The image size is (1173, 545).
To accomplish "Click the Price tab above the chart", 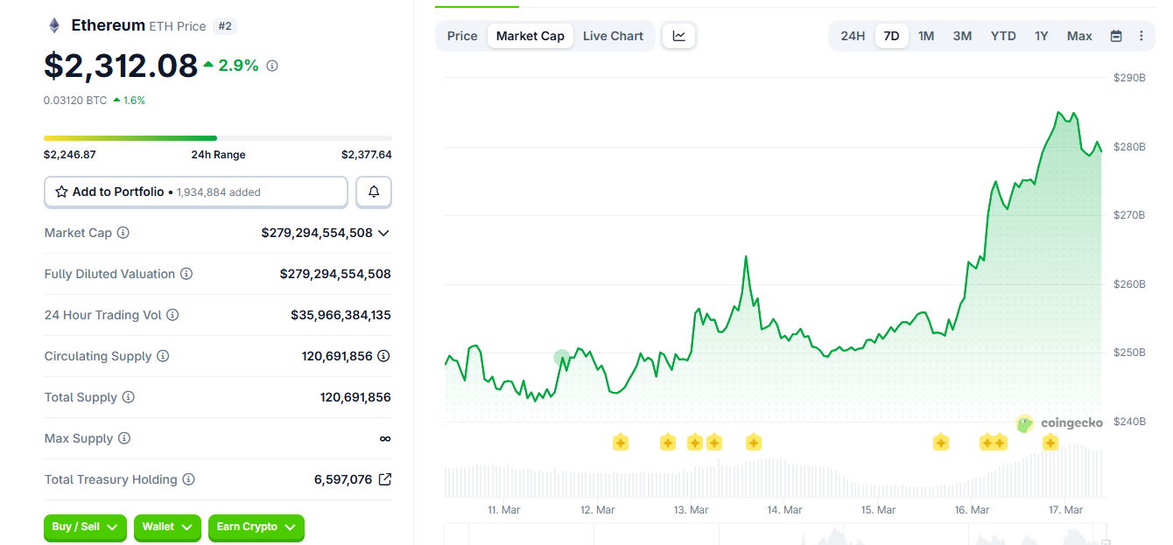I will coord(462,36).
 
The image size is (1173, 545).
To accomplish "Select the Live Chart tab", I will coord(613,36).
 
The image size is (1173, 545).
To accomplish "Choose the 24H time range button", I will coord(853,36).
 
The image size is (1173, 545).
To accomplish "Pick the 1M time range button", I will coord(926,36).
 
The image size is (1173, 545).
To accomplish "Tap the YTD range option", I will coord(1003,36).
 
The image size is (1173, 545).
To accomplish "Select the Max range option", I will coord(1079,36).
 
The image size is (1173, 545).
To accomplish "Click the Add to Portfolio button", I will coord(196,192).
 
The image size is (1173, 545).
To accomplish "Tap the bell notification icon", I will coord(374,192).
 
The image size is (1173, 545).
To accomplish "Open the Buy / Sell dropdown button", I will coord(85,527).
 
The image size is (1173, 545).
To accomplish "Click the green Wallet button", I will coord(167,527).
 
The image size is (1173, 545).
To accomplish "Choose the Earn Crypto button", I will coord(256,527).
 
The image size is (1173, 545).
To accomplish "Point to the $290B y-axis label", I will coord(1129,78).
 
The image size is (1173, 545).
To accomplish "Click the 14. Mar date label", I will coord(784,510).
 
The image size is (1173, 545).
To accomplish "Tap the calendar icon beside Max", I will coord(1116,36).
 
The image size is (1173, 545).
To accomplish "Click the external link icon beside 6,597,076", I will coord(384,479).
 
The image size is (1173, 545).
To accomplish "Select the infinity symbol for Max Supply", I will coord(385,438).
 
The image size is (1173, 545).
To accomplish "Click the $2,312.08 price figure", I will coord(121,66).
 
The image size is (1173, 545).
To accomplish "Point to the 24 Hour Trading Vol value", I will coord(341,315).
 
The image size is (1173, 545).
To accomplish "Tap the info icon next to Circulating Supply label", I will coord(163,356).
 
